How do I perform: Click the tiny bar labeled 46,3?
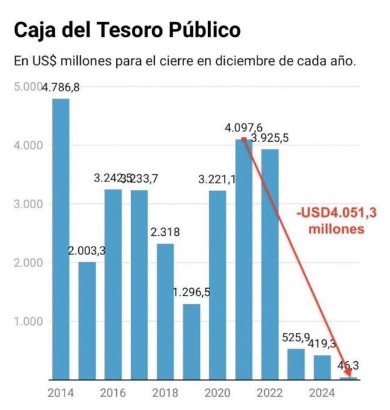[x=348, y=378]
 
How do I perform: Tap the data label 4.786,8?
[x=60, y=88]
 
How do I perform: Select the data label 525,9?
[x=296, y=337]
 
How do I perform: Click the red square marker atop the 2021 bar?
[x=243, y=139]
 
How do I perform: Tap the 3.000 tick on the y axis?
[x=26, y=204]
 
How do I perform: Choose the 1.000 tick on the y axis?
[x=26, y=321]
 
